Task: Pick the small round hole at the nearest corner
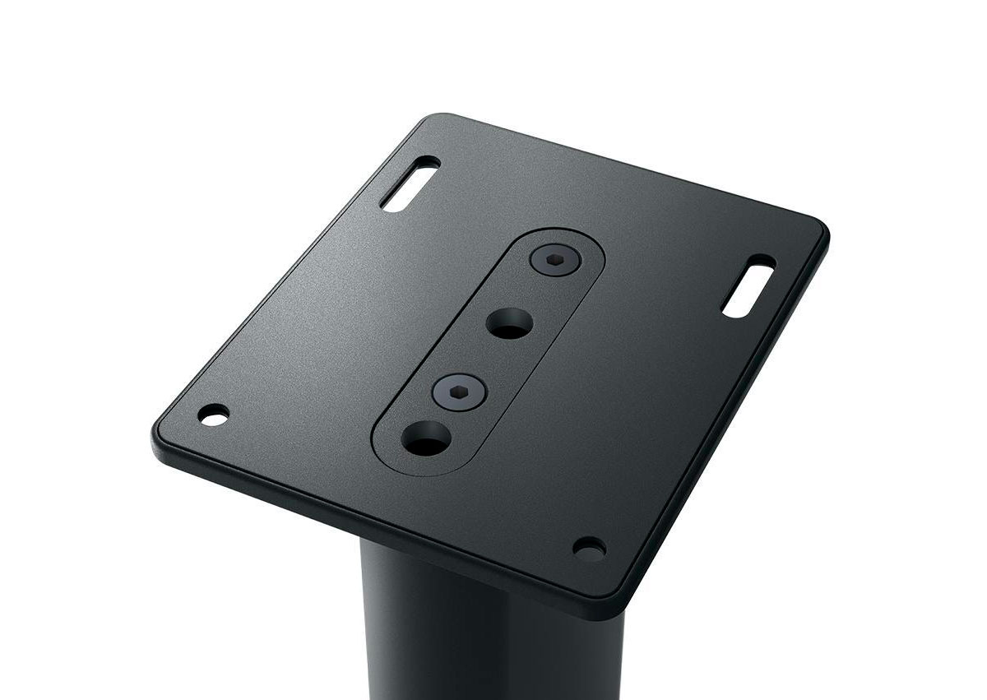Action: [x=589, y=546]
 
